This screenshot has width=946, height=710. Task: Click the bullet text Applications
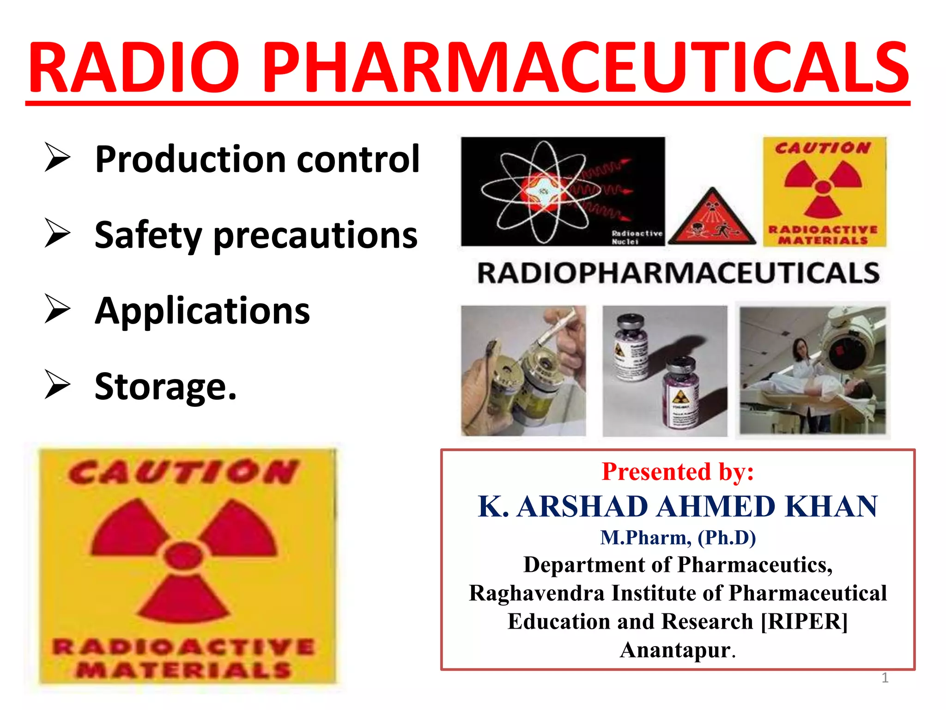click(x=202, y=311)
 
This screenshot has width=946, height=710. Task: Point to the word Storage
click(x=165, y=386)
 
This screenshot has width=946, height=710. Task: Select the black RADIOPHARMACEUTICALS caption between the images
click(x=678, y=273)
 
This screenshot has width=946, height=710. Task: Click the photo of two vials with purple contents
click(x=665, y=371)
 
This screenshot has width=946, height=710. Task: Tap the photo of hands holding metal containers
click(x=523, y=371)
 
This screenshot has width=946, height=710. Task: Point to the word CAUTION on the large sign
click(x=183, y=472)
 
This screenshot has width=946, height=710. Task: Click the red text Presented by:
click(x=678, y=471)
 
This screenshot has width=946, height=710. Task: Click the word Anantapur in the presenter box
click(x=675, y=650)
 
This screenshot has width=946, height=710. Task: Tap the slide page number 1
click(x=885, y=678)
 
